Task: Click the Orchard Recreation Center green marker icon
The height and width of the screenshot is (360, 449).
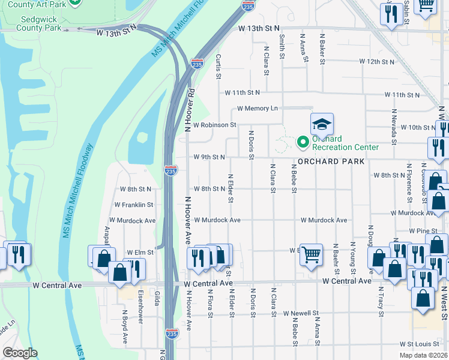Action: (303, 142)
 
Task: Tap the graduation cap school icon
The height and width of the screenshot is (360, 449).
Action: (321, 124)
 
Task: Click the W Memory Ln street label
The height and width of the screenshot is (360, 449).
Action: (258, 109)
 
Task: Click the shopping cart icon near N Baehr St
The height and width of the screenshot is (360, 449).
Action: (311, 254)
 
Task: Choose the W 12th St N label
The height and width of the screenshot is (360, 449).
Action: (377, 61)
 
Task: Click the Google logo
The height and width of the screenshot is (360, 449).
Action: (19, 353)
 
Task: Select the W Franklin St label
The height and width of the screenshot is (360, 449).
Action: (134, 205)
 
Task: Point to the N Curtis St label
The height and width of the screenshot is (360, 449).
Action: (218, 67)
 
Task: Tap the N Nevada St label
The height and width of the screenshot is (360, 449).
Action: (394, 127)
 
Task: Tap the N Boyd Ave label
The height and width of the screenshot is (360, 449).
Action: (125, 330)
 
